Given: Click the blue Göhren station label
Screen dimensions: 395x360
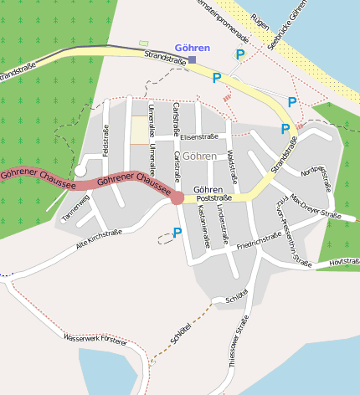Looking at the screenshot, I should (x=193, y=48).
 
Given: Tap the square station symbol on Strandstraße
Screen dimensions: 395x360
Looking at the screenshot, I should (x=192, y=60).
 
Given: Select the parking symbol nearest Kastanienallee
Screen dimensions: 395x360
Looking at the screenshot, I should (x=177, y=233).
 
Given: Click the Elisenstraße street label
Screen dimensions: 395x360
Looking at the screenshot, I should (x=198, y=136).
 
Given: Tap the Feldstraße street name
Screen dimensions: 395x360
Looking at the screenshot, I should (x=106, y=140).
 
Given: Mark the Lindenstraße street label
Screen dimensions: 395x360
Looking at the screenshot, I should (x=222, y=218).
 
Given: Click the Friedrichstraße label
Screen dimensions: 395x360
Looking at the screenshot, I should (x=259, y=241).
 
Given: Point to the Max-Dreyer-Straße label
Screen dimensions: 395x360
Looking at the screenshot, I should (x=316, y=209).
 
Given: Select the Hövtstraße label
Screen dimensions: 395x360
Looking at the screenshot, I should (x=344, y=263).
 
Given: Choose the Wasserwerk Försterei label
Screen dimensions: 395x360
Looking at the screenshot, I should (x=95, y=339).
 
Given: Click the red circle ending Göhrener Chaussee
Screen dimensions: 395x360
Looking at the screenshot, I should (x=177, y=197).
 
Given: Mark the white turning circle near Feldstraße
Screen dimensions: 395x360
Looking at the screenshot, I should (x=80, y=171).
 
